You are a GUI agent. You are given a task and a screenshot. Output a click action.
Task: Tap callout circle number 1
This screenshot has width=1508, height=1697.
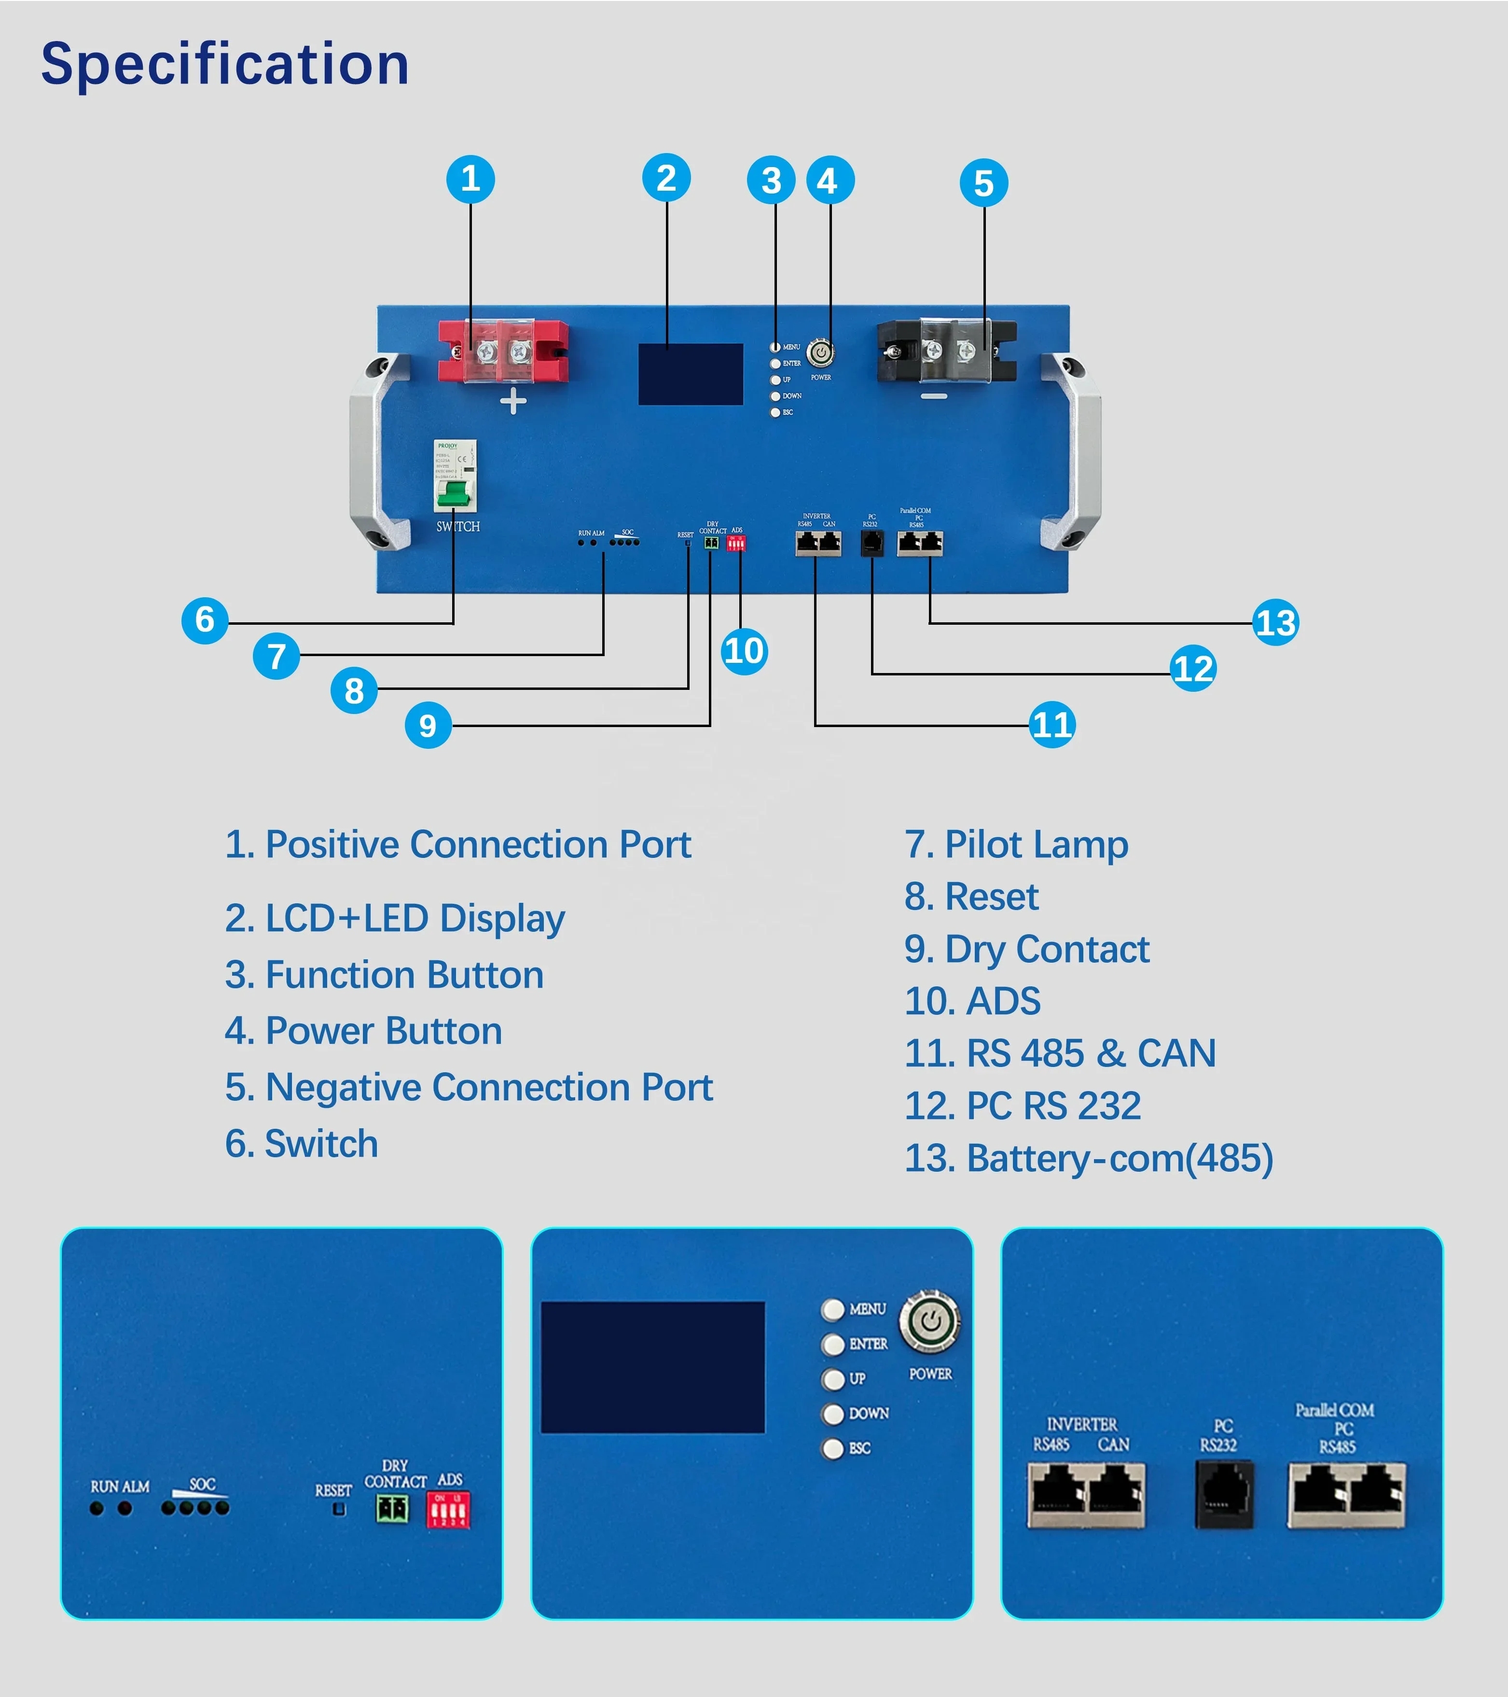(470, 179)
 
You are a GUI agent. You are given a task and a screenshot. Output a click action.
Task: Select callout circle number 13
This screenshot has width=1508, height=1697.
(1275, 623)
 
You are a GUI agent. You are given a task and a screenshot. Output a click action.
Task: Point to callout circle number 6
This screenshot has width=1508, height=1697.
(205, 619)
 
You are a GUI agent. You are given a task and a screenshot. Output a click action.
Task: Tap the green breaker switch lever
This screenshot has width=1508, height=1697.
(454, 495)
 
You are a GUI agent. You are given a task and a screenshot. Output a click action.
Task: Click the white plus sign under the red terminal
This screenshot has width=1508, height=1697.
(513, 401)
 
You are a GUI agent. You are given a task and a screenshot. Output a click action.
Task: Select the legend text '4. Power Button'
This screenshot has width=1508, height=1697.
(363, 1031)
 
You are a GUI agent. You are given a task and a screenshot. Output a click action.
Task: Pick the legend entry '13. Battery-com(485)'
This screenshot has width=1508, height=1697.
(1088, 1158)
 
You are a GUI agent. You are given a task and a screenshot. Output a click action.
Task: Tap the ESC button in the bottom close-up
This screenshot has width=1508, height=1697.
(833, 1448)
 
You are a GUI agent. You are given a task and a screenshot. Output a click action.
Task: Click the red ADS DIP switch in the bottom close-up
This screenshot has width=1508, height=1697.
(448, 1509)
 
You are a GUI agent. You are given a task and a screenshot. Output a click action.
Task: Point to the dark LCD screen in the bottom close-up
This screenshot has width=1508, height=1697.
(652, 1367)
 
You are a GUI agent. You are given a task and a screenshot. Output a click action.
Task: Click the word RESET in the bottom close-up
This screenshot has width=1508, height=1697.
(333, 1490)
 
